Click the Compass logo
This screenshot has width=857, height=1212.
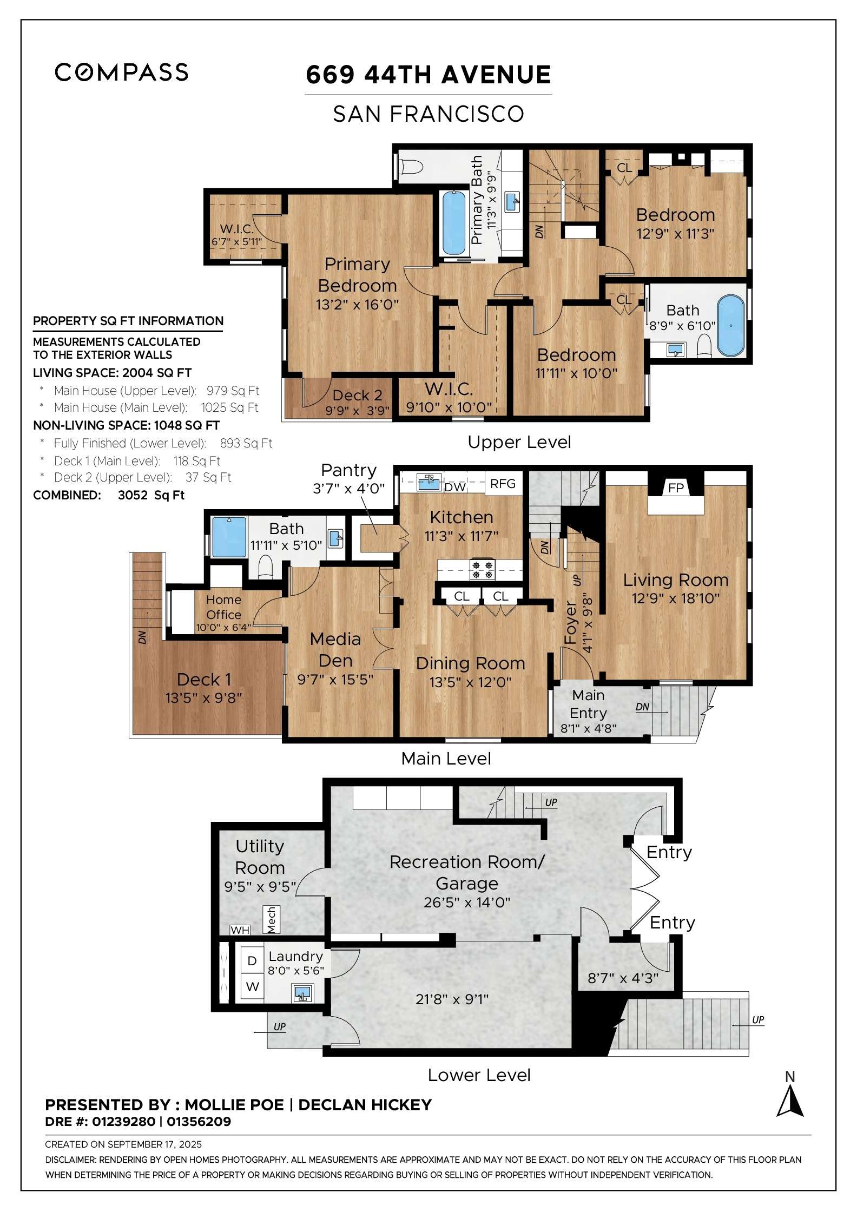click(121, 72)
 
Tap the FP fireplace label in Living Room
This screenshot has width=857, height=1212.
click(676, 488)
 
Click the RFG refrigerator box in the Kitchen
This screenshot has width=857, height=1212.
click(503, 484)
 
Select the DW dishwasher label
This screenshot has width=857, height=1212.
click(455, 487)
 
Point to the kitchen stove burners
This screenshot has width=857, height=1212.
click(482, 570)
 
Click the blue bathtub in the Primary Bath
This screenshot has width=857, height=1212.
click(454, 223)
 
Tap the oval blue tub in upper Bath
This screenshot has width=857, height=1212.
click(730, 325)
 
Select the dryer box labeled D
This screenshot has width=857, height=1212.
click(252, 961)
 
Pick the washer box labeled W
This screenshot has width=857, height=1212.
click(252, 987)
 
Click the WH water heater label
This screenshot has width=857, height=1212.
click(240, 930)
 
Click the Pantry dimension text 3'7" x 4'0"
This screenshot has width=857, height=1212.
click(348, 489)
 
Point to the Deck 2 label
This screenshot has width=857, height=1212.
click(357, 396)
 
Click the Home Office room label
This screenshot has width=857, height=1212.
click(223, 607)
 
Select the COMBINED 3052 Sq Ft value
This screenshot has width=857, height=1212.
click(151, 495)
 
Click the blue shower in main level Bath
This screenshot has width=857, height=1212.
click(229, 537)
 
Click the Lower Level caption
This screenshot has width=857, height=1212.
click(479, 1075)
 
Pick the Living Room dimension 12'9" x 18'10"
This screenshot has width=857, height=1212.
click(675, 598)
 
